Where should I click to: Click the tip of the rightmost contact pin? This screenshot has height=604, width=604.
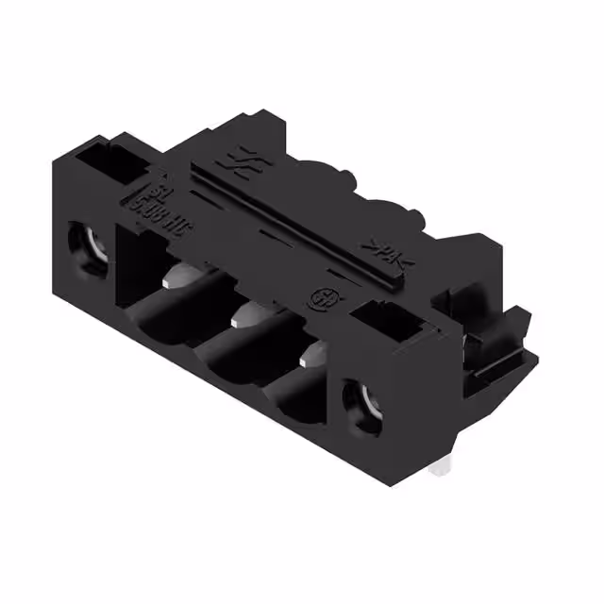click(309, 357)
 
